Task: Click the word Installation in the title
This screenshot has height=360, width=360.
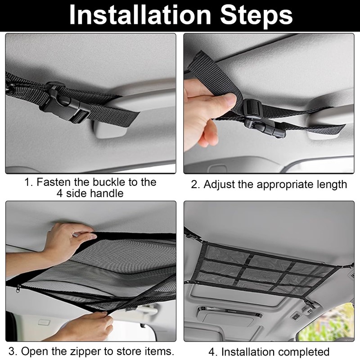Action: (140, 15)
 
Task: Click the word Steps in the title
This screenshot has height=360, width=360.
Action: (256, 16)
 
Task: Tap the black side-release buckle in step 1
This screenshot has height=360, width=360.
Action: (65, 103)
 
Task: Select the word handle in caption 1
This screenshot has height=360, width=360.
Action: (107, 193)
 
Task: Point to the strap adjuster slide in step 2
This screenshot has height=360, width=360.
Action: (252, 108)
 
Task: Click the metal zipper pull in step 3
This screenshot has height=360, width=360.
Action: (18, 289)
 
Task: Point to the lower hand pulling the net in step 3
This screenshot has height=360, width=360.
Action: (87, 326)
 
